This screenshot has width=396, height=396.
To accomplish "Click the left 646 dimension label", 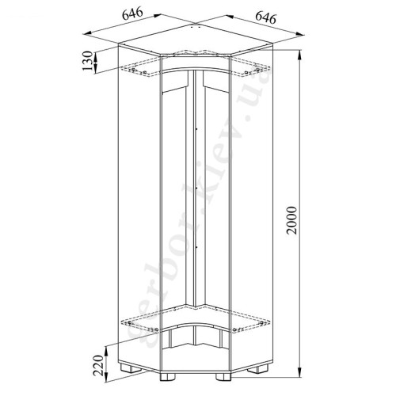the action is pyautogui.click(x=132, y=13).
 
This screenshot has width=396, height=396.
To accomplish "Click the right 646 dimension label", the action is pyautogui.click(x=266, y=18).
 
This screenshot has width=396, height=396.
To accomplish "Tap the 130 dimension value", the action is pyautogui.click(x=87, y=61).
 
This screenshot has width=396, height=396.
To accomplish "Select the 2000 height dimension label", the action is pyautogui.click(x=292, y=221).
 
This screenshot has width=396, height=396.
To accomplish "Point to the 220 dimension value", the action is pyautogui.click(x=98, y=365).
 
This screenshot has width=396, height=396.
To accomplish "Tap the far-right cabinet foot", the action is pyautogui.click(x=257, y=368).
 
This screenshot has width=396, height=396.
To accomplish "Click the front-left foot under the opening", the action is pyautogui.click(x=168, y=376).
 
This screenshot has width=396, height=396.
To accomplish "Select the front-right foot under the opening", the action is pyautogui.click(x=223, y=376).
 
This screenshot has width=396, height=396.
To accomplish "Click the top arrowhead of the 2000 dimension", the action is pyautogui.click(x=299, y=55).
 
